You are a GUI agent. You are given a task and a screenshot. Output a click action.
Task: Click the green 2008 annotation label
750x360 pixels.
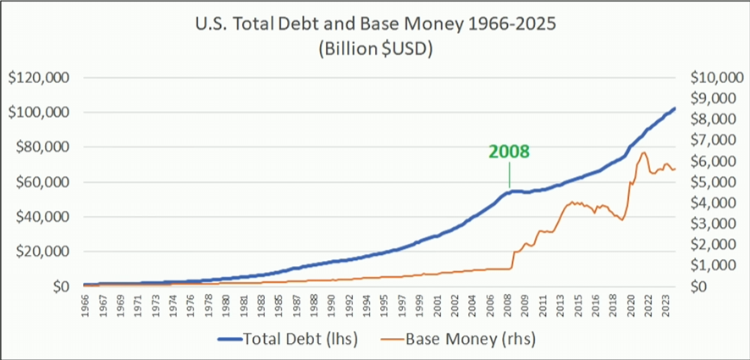coord(509,152)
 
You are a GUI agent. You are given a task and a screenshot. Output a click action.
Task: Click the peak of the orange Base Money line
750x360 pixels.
coord(644,152)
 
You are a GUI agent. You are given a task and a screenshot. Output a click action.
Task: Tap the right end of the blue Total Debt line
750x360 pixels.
coord(674,108)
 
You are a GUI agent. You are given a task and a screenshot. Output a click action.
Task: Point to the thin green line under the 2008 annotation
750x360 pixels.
coord(509,175)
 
